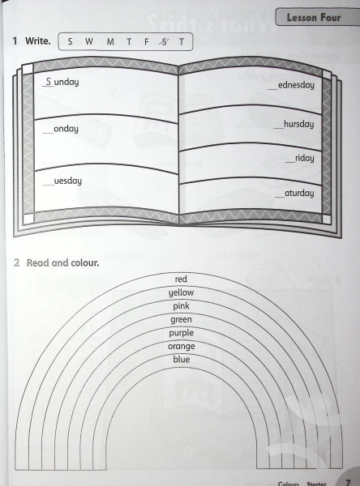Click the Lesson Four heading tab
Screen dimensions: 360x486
[317, 17]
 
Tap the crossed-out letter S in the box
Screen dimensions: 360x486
[164, 41]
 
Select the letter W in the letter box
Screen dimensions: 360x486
[89, 41]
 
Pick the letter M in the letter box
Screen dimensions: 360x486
[110, 41]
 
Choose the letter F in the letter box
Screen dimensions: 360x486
[147, 41]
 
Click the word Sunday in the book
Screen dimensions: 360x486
[61, 82]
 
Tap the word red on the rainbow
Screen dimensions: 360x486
[181, 279]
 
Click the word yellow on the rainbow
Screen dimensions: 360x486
[182, 292]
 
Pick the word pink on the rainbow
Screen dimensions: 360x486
[182, 306]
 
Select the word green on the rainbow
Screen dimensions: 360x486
[181, 320]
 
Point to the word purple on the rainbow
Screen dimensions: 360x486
[182, 333]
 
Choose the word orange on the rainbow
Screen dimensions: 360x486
[182, 347]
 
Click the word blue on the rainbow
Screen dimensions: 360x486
[182, 360]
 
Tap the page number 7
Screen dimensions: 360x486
[348, 482]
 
